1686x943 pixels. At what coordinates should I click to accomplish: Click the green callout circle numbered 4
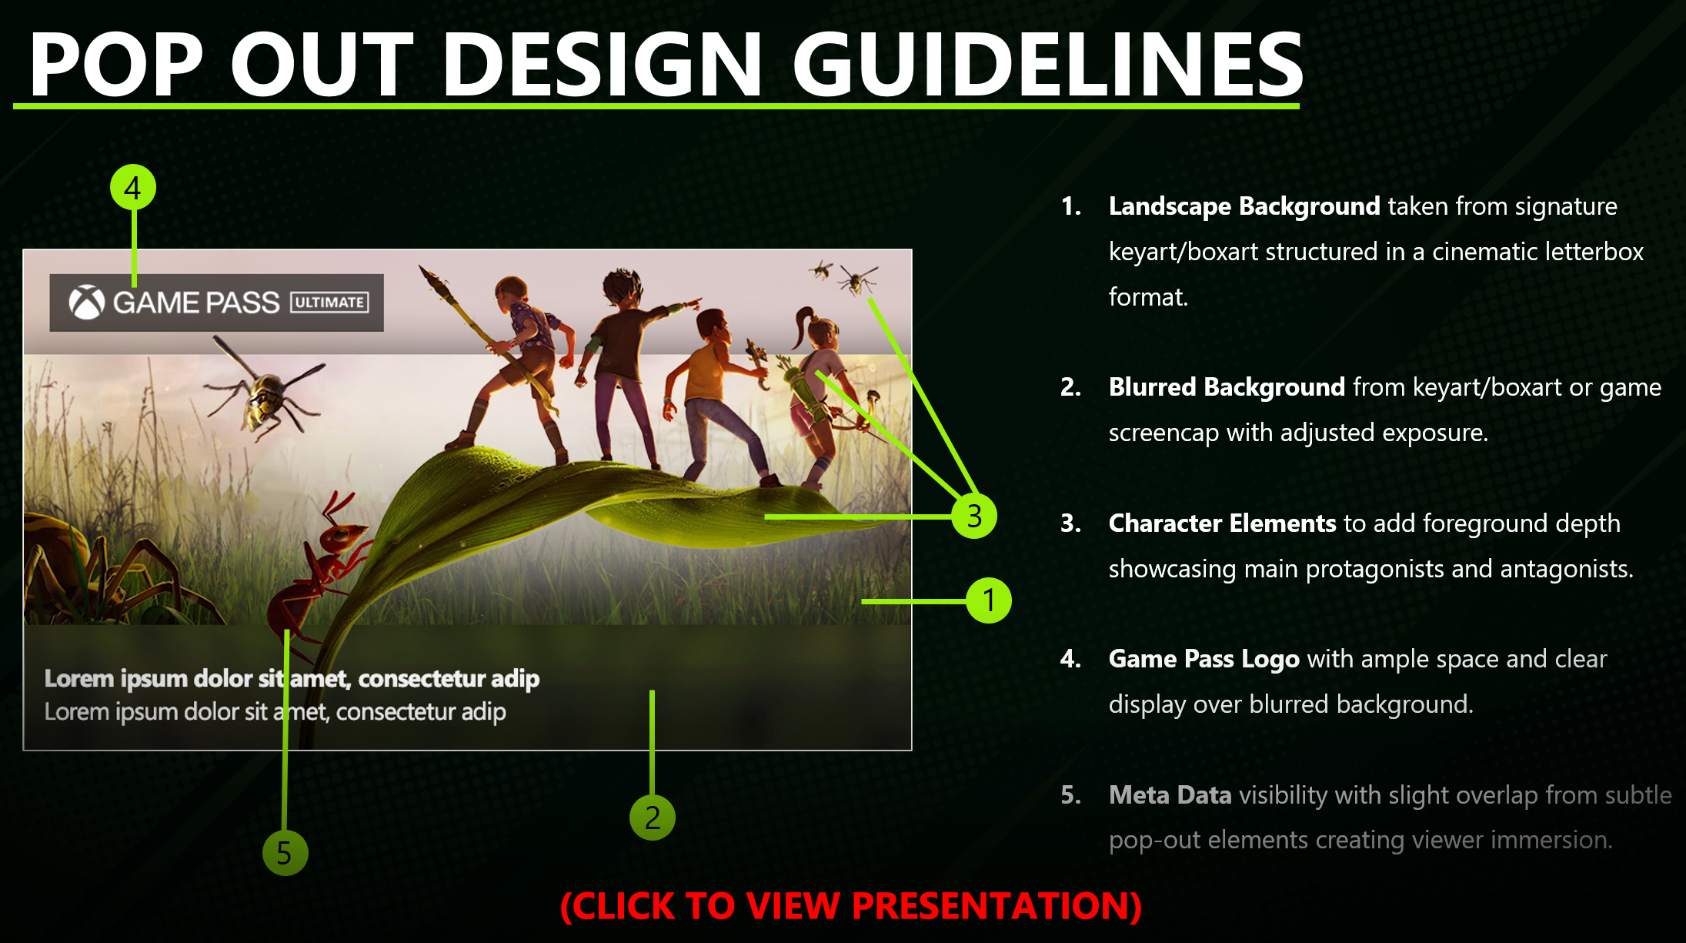coord(133,188)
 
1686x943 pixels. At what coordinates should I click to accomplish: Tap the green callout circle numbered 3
coord(973,515)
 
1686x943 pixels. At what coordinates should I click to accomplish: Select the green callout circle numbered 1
coord(989,600)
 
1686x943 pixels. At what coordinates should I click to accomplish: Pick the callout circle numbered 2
coord(652,817)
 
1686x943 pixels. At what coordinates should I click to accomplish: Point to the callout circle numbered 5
coord(285,853)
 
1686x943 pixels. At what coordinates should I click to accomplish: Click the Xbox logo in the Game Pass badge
coord(87,303)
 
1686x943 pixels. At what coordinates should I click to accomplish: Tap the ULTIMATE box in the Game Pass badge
coord(329,303)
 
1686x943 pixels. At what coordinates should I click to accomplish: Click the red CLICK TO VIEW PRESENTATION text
coord(850,906)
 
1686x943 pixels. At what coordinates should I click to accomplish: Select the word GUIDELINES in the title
coord(1047,65)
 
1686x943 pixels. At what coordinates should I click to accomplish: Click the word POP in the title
coord(117,65)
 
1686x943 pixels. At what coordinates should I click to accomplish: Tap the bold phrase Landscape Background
coord(1244,206)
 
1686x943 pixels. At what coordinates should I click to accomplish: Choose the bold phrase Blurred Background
coord(1227,386)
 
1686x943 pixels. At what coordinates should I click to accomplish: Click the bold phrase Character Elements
coord(1222,523)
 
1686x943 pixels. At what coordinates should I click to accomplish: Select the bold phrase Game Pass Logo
coord(1204,660)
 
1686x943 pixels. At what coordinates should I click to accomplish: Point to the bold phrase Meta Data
coord(1170,794)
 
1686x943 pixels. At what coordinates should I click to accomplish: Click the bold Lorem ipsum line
coord(292,678)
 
